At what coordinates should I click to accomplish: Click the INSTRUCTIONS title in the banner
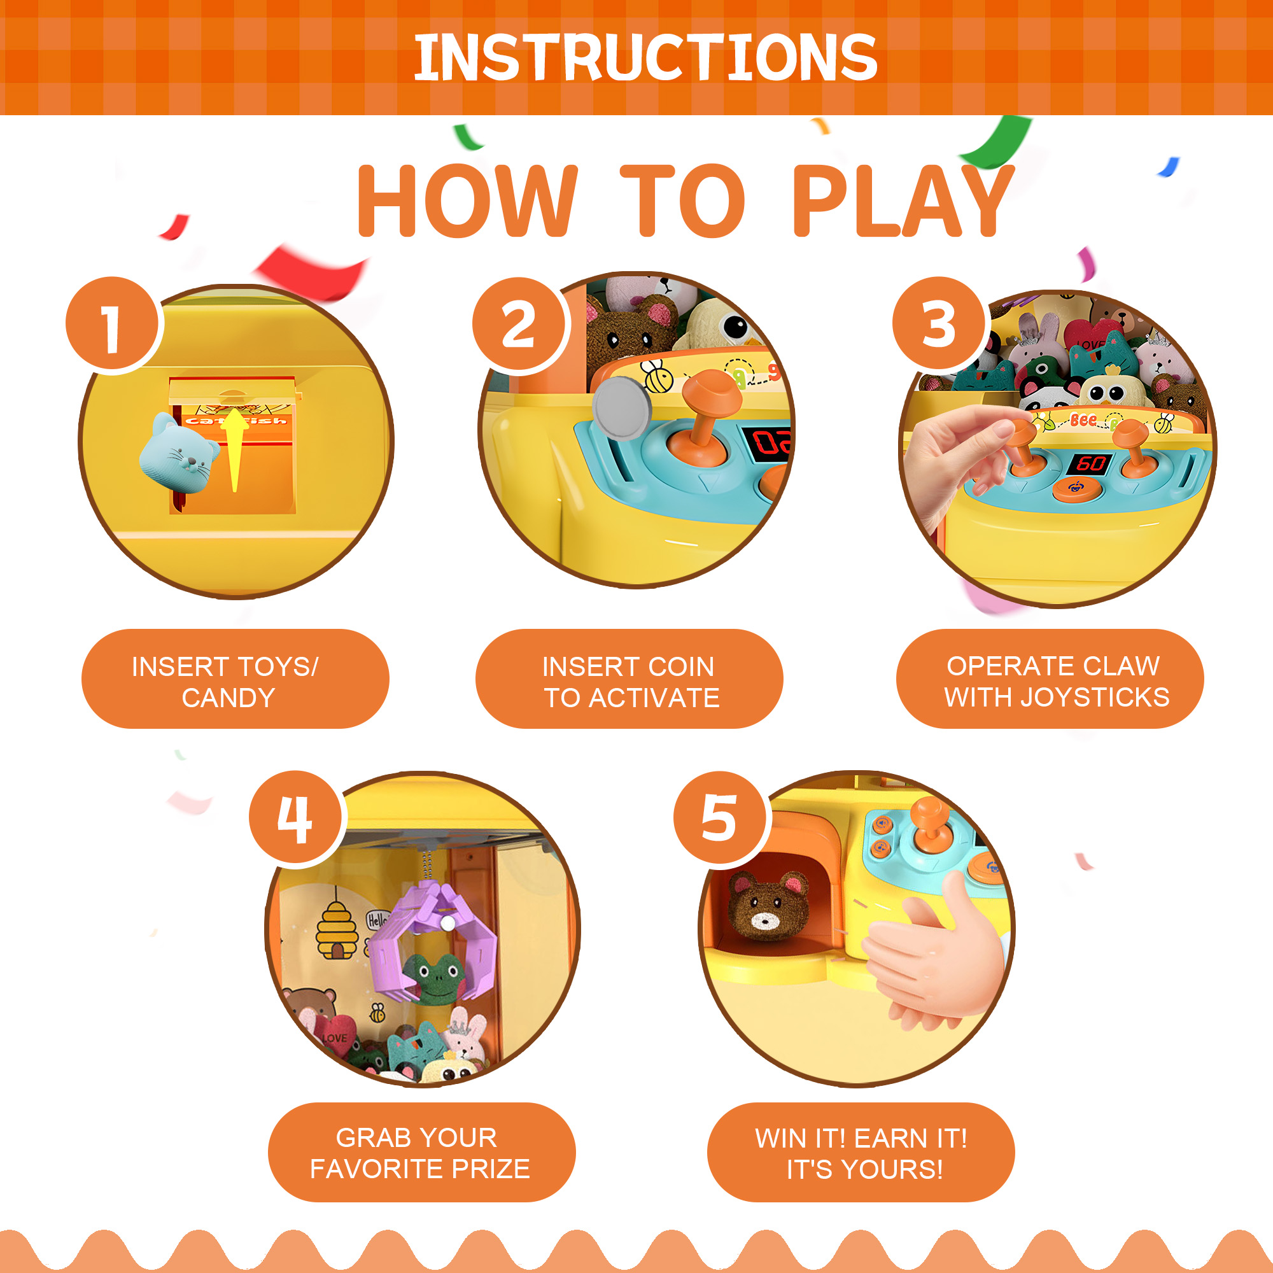tap(645, 58)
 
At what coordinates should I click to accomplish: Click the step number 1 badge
tap(113, 324)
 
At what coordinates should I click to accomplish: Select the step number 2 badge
tap(520, 324)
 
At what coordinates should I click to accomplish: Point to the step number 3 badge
tap(939, 324)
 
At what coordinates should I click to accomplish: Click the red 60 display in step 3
tap(1090, 464)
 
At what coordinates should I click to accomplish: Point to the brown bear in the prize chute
tap(768, 905)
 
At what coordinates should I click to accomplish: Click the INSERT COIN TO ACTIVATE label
tap(630, 682)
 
